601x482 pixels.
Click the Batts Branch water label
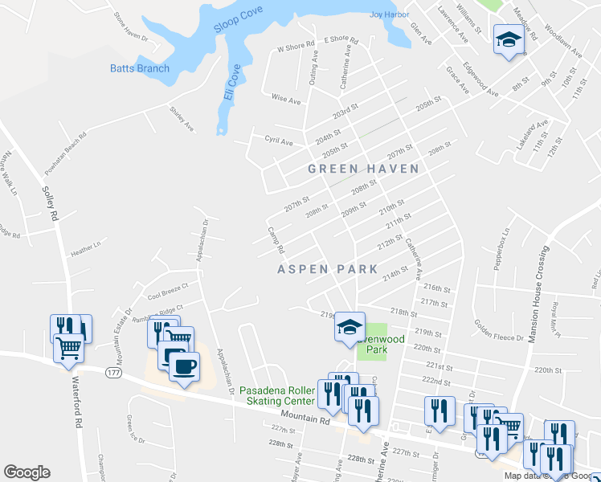point(140,68)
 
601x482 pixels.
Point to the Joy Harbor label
point(384,14)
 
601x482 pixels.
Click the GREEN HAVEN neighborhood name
point(364,169)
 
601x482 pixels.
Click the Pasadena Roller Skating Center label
point(277,396)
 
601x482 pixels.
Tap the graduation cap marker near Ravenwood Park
point(350,327)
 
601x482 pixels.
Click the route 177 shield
point(112,372)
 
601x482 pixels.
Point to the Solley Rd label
point(50,205)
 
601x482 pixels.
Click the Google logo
point(27,472)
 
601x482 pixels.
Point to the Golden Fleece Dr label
point(499,330)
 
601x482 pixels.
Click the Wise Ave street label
point(286,100)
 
